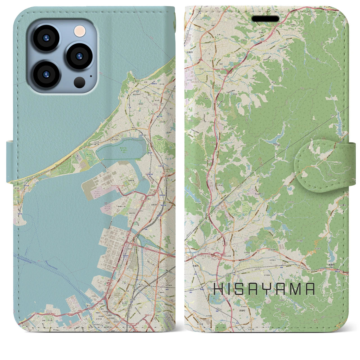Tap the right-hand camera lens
[x=80, y=56]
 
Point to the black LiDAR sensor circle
[x=80, y=82]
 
